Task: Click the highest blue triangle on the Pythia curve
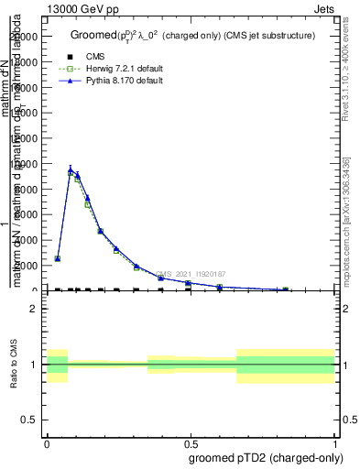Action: tap(71, 170)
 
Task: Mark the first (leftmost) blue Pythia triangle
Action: tap(58, 258)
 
